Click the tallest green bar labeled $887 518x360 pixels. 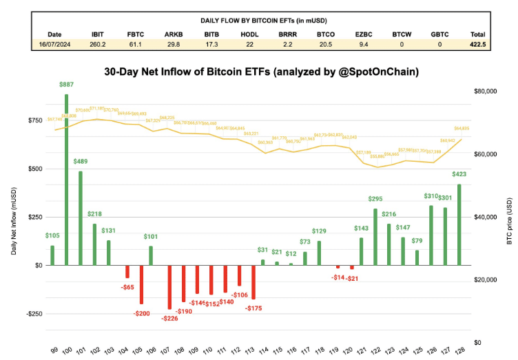[66, 179]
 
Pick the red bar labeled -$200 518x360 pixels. [141, 284]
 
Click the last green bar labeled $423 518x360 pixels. [459, 224]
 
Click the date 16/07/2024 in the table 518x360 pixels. [54, 44]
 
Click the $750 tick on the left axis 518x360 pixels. [32, 120]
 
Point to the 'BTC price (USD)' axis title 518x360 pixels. [510, 216]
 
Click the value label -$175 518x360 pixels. [255, 308]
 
